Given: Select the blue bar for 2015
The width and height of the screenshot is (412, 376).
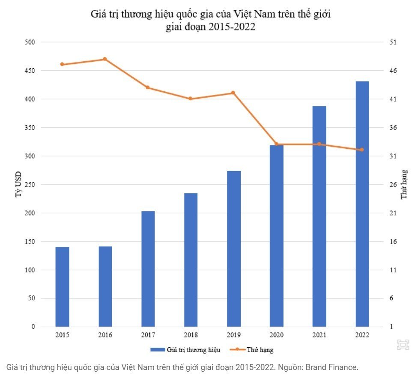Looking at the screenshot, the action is point(62,287).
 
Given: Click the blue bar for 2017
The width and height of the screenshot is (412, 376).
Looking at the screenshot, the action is point(148,269).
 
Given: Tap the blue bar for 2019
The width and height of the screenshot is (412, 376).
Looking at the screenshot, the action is point(233,249).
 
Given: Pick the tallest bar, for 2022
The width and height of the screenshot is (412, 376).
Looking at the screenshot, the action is point(362,204).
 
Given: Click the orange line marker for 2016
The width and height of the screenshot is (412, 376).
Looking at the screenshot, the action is point(105,59).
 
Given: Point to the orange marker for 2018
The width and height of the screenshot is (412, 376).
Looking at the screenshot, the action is point(191,99).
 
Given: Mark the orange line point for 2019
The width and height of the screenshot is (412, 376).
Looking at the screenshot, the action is point(233,93).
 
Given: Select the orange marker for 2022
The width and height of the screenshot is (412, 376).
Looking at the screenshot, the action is point(362,150).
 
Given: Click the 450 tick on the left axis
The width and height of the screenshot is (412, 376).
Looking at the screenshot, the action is point(30,70).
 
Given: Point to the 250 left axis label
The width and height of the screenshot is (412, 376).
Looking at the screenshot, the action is point(30,184).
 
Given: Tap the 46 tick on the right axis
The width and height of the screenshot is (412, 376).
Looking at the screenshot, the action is point(393,70).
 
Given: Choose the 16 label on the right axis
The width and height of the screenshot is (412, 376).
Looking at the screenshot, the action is point(393,241).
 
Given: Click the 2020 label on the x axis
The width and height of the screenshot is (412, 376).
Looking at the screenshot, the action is point(276,335).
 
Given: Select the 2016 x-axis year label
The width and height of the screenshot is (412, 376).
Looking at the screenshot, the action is point(105,335).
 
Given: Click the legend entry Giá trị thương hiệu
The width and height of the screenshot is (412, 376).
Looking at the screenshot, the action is point(185,350).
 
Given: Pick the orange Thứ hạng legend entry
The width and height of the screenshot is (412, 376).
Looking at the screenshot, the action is point(251,350).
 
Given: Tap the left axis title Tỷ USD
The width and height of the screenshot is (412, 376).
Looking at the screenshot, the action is point(18,184).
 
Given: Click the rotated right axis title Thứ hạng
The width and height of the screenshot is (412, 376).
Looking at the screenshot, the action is point(404,184).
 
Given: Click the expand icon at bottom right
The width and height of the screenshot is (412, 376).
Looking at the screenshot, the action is point(403,345).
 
